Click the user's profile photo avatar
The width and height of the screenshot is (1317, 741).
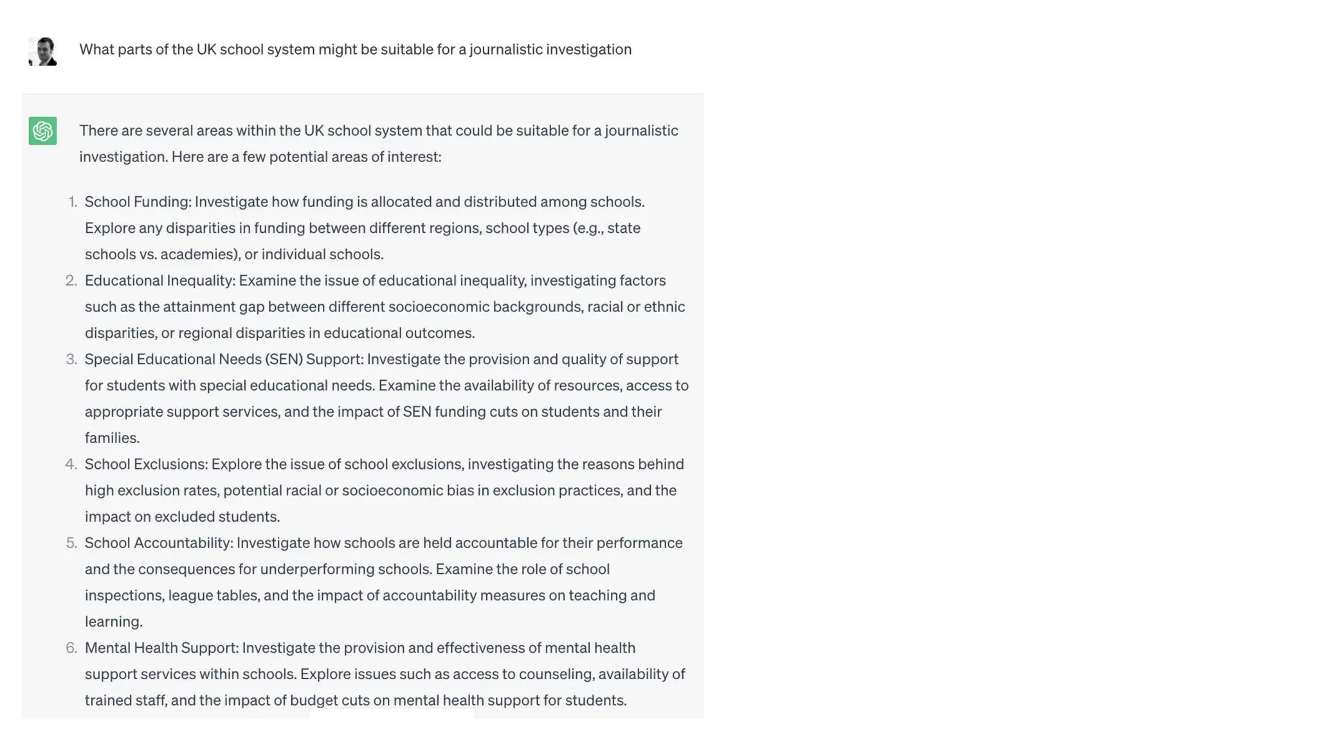tap(43, 51)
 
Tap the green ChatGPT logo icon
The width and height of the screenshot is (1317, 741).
tap(42, 131)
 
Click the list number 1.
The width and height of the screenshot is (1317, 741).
tap(73, 202)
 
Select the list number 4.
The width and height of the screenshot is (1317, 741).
tap(71, 464)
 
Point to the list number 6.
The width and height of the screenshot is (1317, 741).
tap(71, 648)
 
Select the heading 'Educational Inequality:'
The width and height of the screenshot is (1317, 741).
tap(160, 280)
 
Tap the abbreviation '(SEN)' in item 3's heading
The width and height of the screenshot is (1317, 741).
tap(284, 359)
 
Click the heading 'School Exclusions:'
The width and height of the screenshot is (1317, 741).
tap(146, 464)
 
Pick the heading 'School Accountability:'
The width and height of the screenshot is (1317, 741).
tap(158, 543)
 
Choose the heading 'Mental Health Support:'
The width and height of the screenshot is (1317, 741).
tap(161, 648)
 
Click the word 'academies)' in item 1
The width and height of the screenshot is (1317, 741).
tap(199, 254)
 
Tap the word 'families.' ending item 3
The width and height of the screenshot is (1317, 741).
tap(112, 438)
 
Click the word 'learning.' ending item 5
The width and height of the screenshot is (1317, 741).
tap(113, 621)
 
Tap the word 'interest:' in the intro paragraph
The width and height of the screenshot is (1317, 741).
tap(414, 157)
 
